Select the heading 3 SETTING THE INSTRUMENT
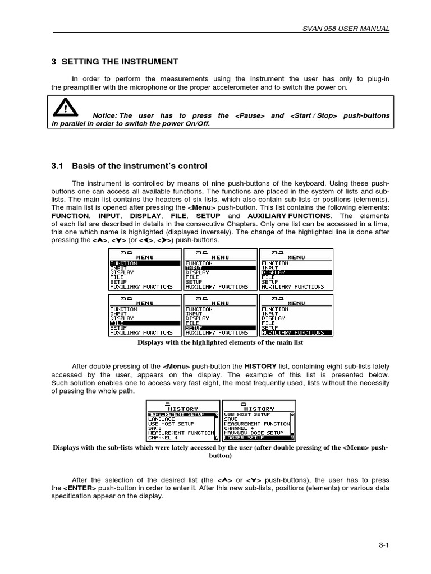[114, 62]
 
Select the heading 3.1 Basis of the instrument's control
[129, 166]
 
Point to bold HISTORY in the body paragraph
[260, 366]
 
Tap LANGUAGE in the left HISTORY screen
[162, 419]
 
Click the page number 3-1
[384, 544]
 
